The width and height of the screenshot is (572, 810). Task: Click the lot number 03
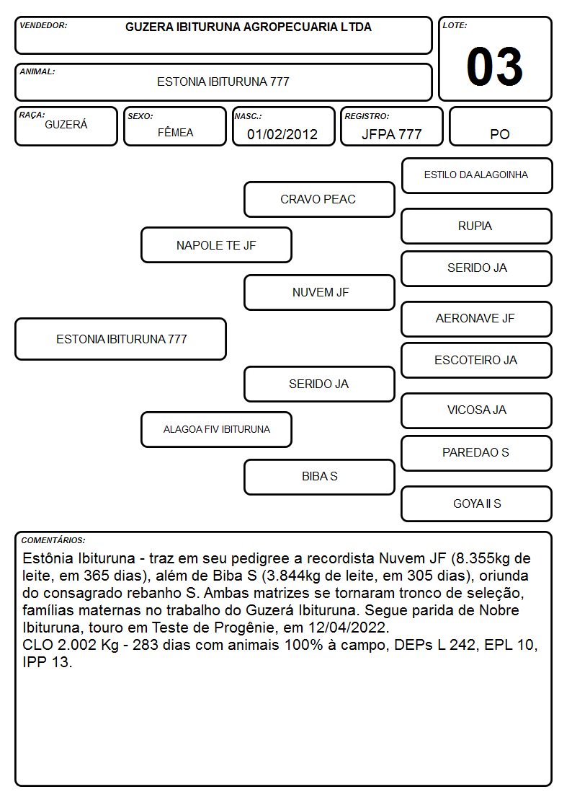[495, 66]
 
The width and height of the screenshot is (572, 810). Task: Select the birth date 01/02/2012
[282, 134]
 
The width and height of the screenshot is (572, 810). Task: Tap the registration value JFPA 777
[391, 134]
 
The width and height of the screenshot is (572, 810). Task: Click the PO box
[500, 126]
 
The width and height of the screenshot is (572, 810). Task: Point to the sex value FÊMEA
[175, 132]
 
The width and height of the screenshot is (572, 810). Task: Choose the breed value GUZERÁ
[66, 124]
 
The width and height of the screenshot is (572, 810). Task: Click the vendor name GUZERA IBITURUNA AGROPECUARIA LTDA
[248, 27]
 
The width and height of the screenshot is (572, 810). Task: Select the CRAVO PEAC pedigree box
[319, 199]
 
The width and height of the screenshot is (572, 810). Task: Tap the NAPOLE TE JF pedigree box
[216, 245]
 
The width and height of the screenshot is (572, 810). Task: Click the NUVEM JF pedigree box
[319, 292]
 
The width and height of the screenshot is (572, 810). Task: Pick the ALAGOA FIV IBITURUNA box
[216, 429]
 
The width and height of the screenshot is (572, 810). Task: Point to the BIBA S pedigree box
[319, 477]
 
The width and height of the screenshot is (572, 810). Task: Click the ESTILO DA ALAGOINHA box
[477, 176]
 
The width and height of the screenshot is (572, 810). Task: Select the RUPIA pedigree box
[477, 226]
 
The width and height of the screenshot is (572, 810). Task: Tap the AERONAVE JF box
[477, 319]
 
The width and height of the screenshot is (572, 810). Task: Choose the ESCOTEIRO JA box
[477, 360]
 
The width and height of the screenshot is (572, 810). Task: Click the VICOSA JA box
[477, 410]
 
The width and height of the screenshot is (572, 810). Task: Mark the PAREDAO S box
[477, 453]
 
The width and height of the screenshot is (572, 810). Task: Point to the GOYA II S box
[477, 503]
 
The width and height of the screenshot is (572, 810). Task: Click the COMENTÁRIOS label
[53, 540]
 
